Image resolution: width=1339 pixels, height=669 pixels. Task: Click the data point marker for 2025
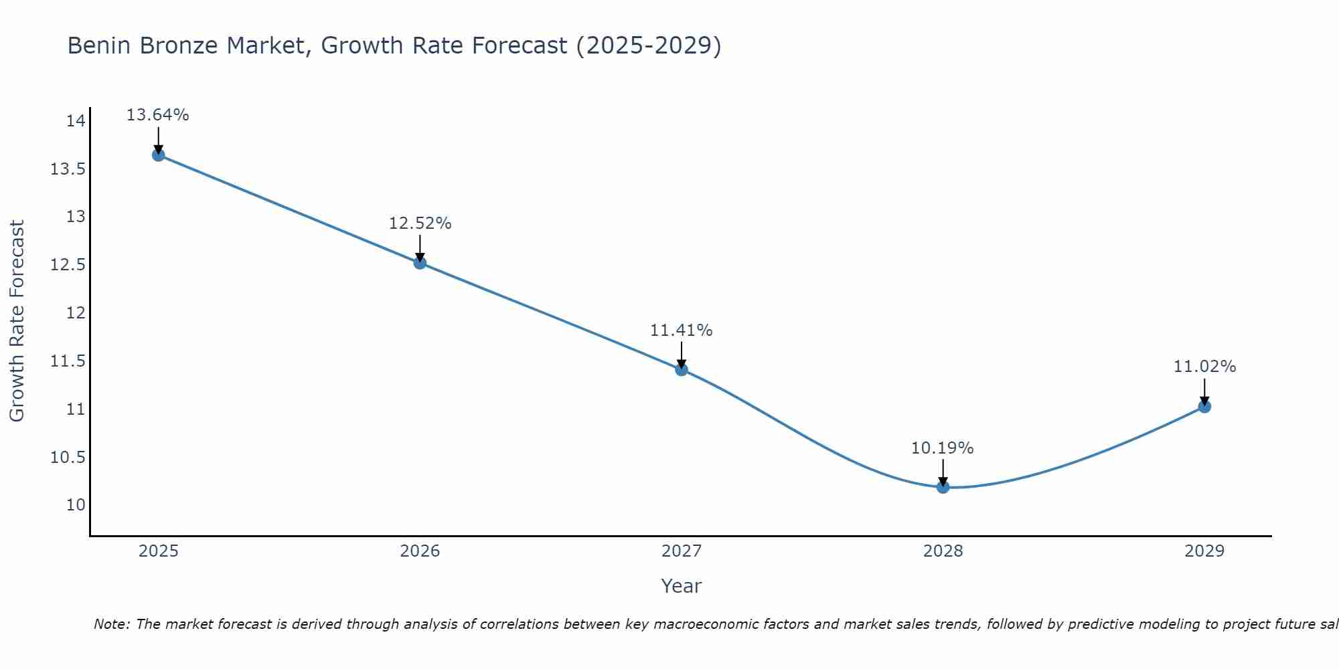(x=158, y=155)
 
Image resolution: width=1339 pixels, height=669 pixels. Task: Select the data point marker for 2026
(x=420, y=263)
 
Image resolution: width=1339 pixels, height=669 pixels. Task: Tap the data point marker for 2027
(x=682, y=369)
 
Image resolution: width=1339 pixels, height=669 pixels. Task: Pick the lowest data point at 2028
(x=943, y=487)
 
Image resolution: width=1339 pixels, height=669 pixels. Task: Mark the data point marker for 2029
(x=1204, y=407)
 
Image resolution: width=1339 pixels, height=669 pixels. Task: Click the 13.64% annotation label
(x=158, y=115)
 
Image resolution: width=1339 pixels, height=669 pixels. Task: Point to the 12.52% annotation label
(x=420, y=223)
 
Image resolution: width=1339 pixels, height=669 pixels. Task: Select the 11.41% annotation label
(x=682, y=330)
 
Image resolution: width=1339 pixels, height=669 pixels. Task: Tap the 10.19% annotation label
(x=943, y=448)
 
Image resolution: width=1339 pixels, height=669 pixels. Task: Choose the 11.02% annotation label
(x=1204, y=367)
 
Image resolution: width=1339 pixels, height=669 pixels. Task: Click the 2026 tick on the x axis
(x=420, y=551)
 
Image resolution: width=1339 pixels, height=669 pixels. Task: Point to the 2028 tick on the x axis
(x=943, y=551)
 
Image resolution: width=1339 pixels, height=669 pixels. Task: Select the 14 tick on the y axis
(x=76, y=121)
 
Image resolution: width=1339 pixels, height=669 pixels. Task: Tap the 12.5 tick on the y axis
(x=68, y=265)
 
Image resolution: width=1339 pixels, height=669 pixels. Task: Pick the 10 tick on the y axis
(x=76, y=505)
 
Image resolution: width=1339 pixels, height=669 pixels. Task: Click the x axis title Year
(x=681, y=586)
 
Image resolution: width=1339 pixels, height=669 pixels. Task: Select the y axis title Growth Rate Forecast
(x=17, y=321)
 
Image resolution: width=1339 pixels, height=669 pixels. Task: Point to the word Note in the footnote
(x=111, y=624)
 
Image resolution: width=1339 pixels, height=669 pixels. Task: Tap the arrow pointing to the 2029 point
(x=1204, y=391)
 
